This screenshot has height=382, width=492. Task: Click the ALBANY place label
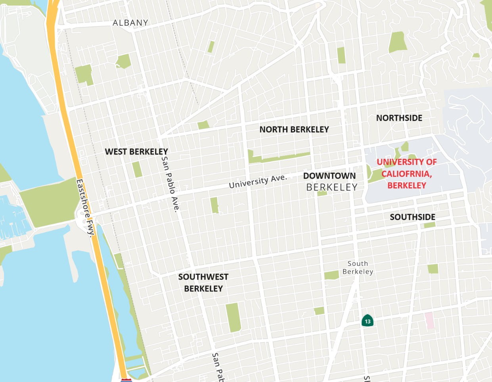[x=130, y=23]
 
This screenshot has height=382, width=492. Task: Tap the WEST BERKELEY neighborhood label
[x=136, y=152]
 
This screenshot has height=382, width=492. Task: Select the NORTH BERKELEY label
[x=294, y=130]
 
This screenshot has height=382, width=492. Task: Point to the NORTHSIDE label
[x=399, y=118]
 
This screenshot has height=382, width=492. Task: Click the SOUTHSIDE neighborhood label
[x=412, y=217]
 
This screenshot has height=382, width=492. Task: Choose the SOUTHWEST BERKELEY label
[x=203, y=283]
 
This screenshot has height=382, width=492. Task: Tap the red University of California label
[x=406, y=174]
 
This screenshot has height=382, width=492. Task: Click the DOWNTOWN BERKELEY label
[x=330, y=181]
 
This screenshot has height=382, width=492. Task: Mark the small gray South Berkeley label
[x=358, y=267]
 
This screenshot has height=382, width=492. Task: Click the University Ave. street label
[x=258, y=181]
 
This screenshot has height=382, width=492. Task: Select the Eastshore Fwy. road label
[x=86, y=208]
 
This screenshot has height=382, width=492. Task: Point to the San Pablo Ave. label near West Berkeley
[x=171, y=183]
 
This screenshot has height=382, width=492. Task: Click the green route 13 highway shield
[x=368, y=321]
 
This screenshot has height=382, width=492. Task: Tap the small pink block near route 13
[x=429, y=321]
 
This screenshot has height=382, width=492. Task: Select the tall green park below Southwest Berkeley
[x=234, y=317]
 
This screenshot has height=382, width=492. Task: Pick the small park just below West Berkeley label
[x=137, y=170]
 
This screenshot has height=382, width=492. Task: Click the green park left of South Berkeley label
[x=331, y=275]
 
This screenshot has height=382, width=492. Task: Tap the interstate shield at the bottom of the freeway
[x=126, y=380]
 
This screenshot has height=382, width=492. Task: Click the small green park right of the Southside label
[x=429, y=225]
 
